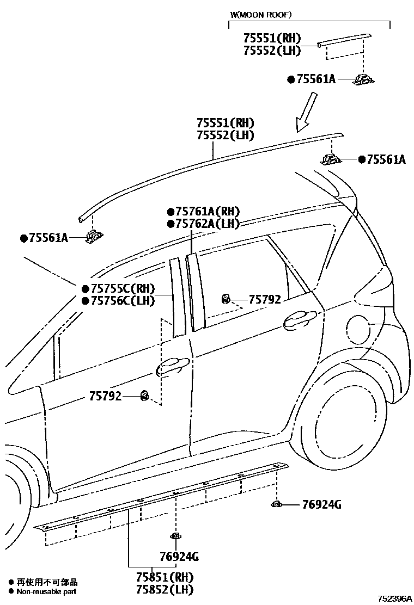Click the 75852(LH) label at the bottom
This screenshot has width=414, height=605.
coord(166,589)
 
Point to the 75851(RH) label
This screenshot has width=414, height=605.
coord(166,577)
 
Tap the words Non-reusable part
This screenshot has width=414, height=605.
coord(46,591)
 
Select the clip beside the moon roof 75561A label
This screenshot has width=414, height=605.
coord(362,80)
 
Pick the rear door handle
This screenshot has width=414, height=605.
coord(300,319)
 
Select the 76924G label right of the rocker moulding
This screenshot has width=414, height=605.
coord(321,505)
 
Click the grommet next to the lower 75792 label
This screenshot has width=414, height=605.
coord(144,396)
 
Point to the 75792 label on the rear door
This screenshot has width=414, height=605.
coord(265,299)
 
